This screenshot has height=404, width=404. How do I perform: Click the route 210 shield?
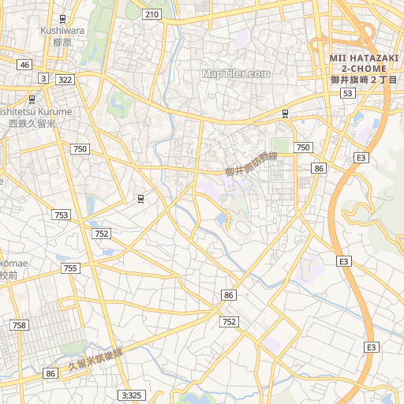(152, 14)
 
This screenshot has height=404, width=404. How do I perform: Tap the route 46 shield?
(25, 65)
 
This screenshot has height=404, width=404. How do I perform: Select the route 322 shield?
(65, 80)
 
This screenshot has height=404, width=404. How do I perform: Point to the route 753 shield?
(62, 215)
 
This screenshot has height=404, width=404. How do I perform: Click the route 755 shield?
(71, 268)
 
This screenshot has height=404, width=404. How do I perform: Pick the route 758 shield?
(19, 325)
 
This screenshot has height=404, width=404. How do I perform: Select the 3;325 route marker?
(132, 395)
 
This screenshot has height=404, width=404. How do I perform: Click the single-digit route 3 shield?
(43, 78)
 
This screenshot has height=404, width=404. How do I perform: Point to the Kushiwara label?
(62, 31)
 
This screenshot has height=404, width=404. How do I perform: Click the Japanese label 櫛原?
(62, 43)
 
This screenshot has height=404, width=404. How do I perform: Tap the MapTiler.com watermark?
(235, 73)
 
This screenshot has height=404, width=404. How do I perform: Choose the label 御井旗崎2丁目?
(363, 80)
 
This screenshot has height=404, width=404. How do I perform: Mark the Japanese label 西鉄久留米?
(32, 124)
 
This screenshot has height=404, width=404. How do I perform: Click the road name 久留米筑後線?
(95, 360)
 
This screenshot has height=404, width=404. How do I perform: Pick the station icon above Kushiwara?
(62, 18)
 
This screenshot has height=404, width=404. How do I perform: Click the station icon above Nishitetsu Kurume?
(32, 99)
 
